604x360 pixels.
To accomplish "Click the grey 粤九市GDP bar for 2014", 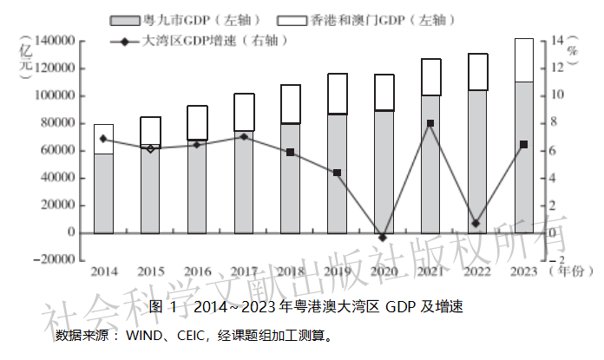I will (103, 193).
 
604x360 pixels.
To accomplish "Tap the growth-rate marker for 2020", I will (384, 237).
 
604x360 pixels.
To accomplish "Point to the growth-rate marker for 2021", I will (430, 123).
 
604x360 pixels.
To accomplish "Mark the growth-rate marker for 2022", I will (476, 224).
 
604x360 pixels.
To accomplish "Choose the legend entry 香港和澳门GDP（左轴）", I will (380, 19).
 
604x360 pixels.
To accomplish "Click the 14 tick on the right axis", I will (558, 41).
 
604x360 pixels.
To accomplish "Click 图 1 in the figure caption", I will (162, 307).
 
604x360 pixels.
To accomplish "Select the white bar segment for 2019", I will (337, 94).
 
